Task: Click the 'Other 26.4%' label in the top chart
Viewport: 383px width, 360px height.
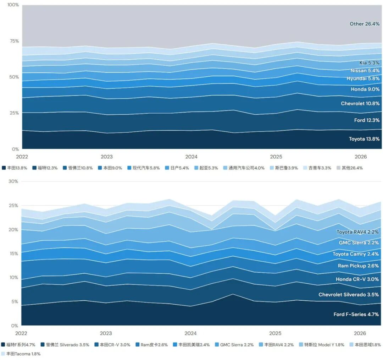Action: pos(365,24)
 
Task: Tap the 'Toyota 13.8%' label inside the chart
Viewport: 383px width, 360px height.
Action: pos(364,139)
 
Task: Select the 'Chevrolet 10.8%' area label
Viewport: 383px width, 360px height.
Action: pos(360,103)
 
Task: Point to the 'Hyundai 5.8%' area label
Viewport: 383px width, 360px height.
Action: pos(363,78)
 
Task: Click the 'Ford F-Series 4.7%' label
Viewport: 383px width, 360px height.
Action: pos(356,314)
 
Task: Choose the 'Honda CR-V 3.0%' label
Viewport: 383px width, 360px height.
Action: pos(357,279)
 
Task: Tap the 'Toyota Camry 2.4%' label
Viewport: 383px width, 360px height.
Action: pos(356,254)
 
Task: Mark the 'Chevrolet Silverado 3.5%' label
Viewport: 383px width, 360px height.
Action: pos(349,294)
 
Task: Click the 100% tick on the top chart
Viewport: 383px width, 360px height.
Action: pos(13,5)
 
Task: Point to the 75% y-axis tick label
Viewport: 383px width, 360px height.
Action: pos(14,41)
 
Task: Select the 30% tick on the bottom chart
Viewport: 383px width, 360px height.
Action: pos(13,181)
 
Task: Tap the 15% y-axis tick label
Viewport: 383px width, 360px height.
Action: pos(14,253)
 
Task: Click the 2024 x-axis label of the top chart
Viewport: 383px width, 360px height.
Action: pos(191,157)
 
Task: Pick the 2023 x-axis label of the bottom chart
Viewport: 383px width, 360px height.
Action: pos(106,333)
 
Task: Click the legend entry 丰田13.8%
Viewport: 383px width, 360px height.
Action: pos(15,168)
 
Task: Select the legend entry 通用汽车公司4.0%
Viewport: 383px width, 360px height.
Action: pos(244,168)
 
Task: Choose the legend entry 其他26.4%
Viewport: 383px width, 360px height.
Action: pos(350,168)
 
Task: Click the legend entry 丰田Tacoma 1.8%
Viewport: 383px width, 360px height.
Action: pos(21,354)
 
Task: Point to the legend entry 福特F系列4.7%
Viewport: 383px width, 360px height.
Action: pos(18,345)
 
